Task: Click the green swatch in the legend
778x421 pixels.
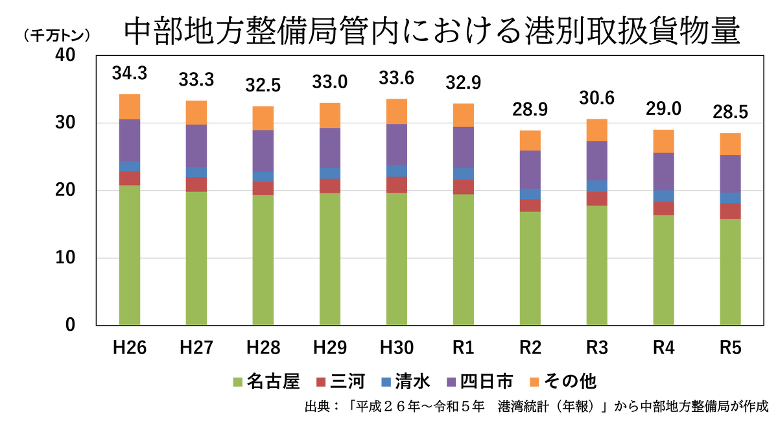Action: [237, 382]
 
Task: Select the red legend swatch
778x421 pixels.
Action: [321, 382]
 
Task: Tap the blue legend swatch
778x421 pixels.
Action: [386, 382]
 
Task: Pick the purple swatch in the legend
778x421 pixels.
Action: [451, 382]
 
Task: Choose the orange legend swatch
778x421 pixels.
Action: [534, 382]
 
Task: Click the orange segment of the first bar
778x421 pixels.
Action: [130, 106]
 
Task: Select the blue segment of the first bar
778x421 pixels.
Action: [130, 166]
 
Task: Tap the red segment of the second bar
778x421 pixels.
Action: [196, 184]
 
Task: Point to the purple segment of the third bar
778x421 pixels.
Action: [263, 150]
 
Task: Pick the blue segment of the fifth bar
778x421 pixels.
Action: [396, 171]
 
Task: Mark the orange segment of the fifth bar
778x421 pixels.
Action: [396, 111]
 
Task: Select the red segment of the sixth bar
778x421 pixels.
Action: [463, 187]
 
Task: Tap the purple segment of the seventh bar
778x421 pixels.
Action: [530, 169]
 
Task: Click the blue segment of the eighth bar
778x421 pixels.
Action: [596, 186]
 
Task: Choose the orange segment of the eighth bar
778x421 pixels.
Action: [596, 130]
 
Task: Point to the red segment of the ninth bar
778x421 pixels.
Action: [663, 208]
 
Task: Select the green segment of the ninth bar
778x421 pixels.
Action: [663, 269]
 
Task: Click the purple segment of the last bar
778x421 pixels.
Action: [730, 173]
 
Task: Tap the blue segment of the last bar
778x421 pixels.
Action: [730, 198]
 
